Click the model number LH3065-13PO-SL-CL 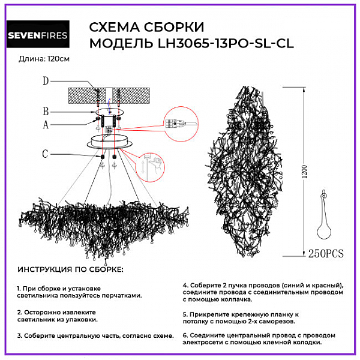pos(226,44)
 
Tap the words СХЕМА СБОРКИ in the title pos(146,28)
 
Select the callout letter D pos(46,81)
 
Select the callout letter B pos(46,111)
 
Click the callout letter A pos(46,125)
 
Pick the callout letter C pos(46,154)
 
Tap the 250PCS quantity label pos(325,253)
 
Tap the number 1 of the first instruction pos(19,288)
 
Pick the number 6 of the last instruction pos(185,335)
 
